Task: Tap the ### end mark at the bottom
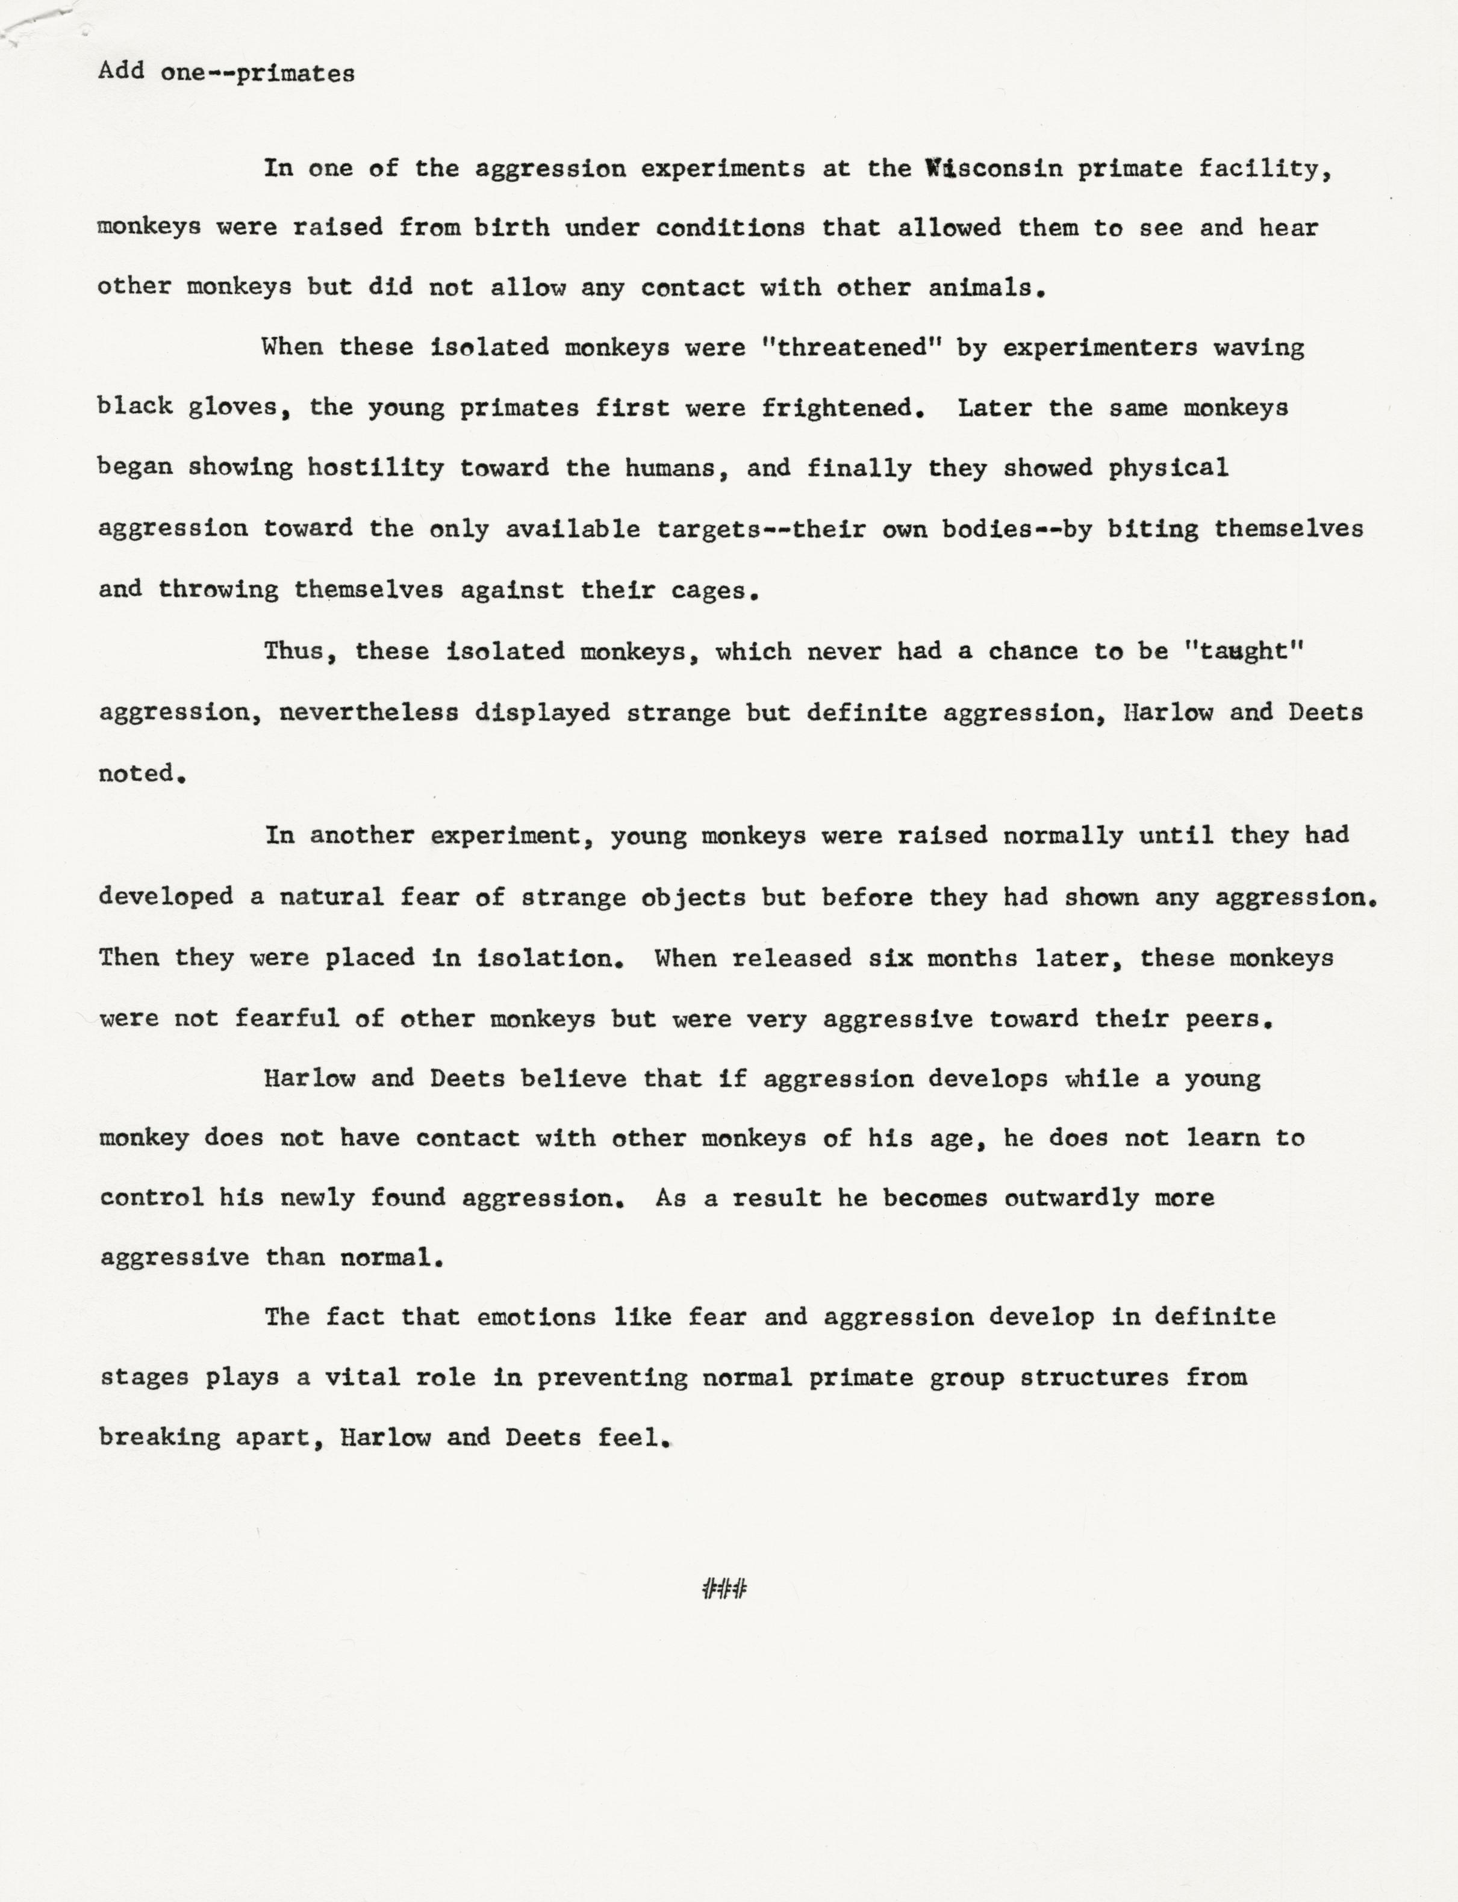(724, 1589)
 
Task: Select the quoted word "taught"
(1244, 651)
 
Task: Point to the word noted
(140, 773)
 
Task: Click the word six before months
(889, 958)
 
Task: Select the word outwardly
(1071, 1198)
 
